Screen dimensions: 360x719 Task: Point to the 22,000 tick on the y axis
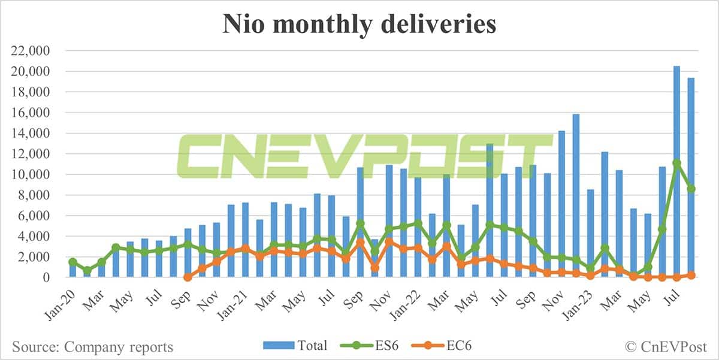[35, 51]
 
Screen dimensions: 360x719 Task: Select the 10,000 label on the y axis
[35, 174]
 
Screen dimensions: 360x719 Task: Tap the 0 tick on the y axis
[54, 277]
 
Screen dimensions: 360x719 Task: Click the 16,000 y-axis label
[35, 113]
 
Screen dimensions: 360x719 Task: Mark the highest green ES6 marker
[676, 163]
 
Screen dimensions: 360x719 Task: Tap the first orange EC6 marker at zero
[188, 277]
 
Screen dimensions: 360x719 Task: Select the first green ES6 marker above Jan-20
[72, 262]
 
